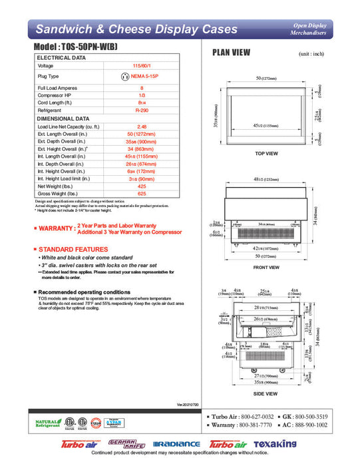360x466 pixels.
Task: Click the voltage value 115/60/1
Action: pyautogui.click(x=141, y=66)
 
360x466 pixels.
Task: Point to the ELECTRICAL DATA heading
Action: pyautogui.click(x=61, y=58)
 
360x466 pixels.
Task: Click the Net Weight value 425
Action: pyautogui.click(x=141, y=186)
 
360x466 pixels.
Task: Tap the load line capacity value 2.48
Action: pyautogui.click(x=141, y=126)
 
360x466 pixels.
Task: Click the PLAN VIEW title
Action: pyautogui.click(x=231, y=53)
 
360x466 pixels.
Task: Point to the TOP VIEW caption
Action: pyautogui.click(x=266, y=154)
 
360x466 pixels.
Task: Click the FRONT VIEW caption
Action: pyautogui.click(x=266, y=268)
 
